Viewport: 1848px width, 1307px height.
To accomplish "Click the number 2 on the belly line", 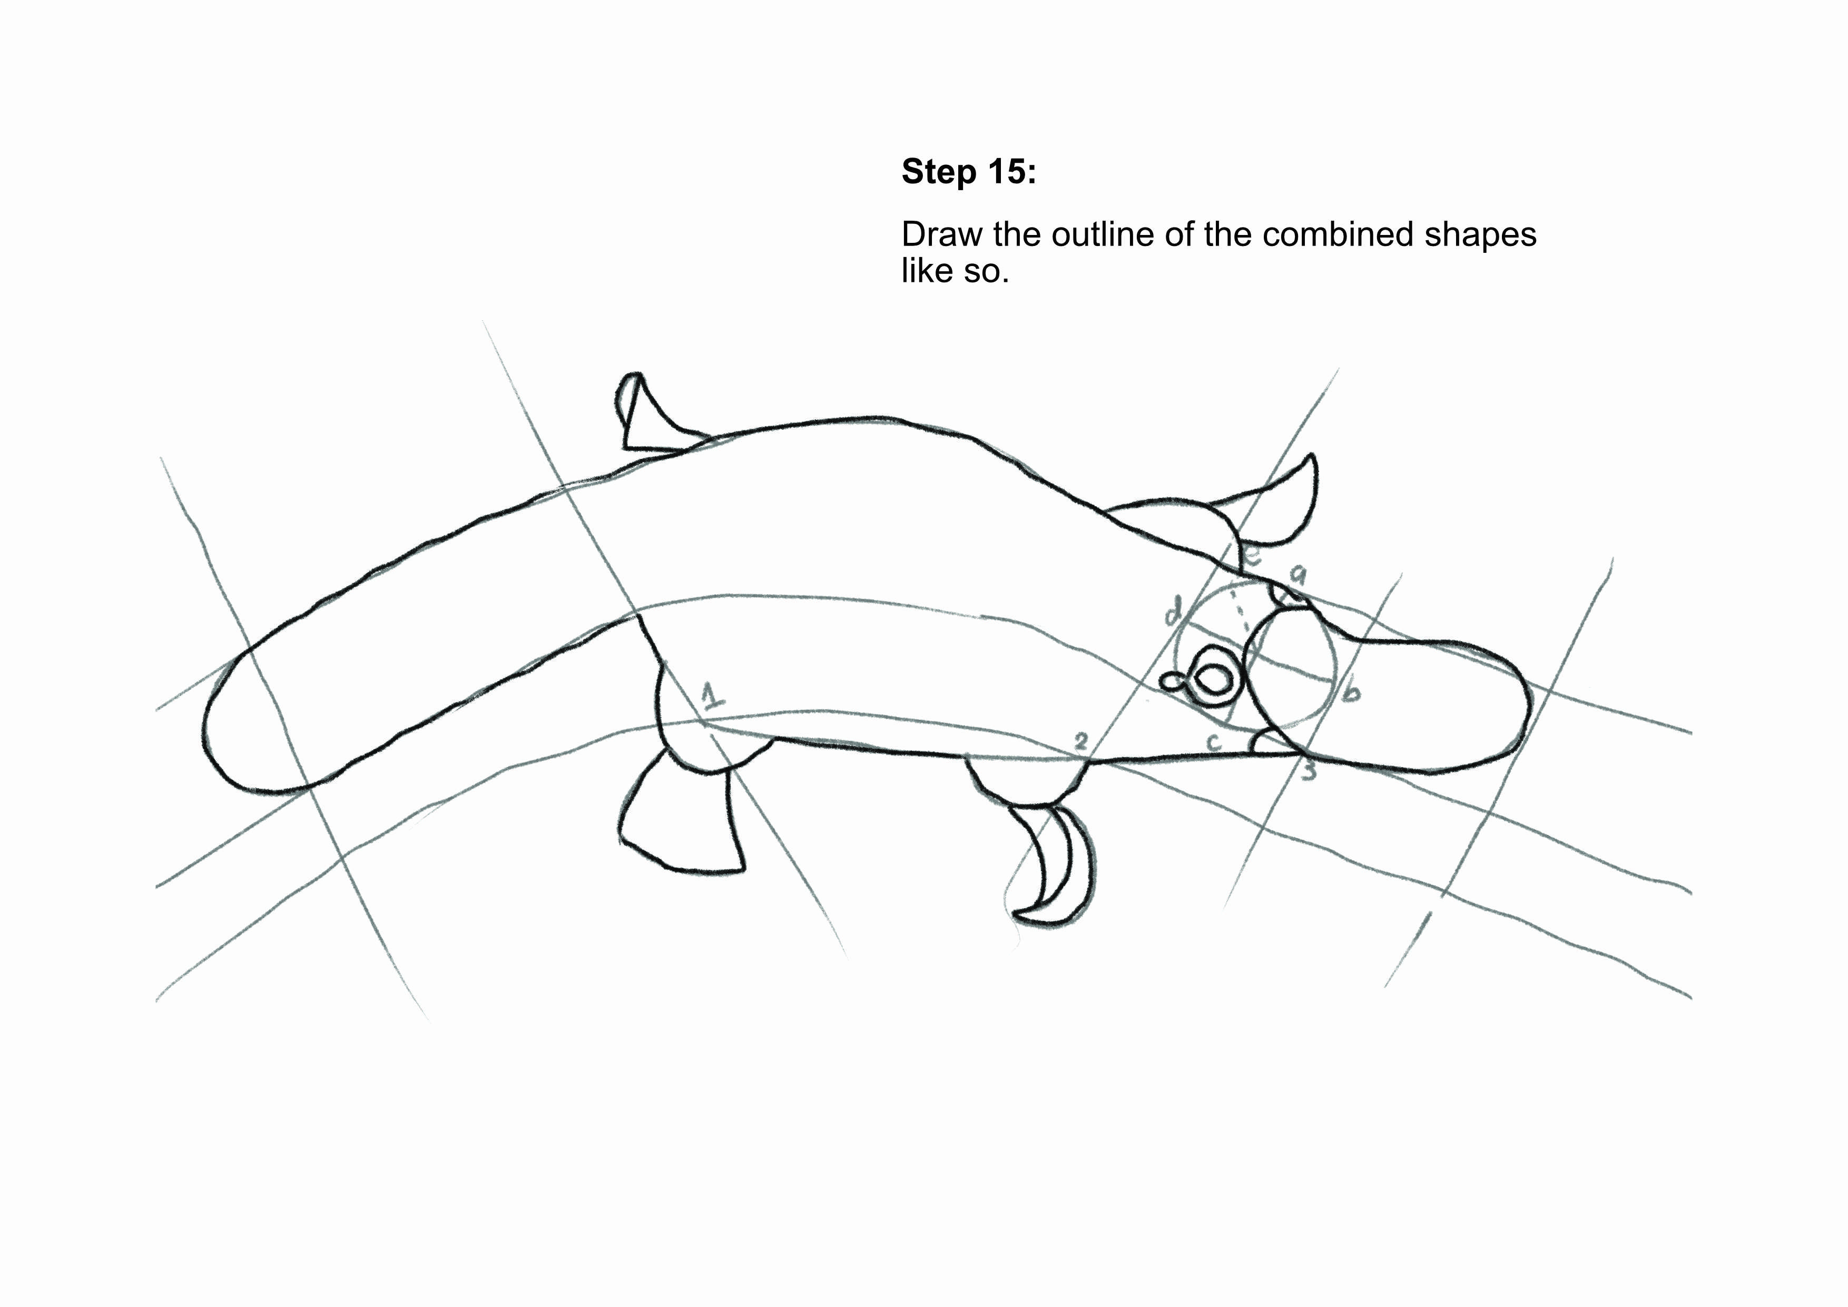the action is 1081,741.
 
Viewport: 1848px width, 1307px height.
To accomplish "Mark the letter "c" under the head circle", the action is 1215,742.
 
